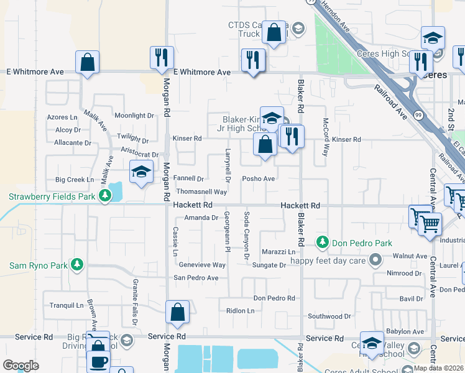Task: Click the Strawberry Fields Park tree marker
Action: click(x=106, y=196)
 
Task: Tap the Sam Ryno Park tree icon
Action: click(x=76, y=265)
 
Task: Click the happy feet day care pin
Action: click(x=375, y=259)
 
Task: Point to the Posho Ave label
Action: click(x=259, y=179)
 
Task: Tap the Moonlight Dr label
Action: click(x=134, y=116)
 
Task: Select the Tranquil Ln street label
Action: click(x=67, y=288)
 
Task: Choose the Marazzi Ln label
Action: click(x=278, y=252)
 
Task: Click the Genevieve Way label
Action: click(x=202, y=264)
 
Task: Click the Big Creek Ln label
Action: click(x=75, y=180)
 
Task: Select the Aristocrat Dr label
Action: click(x=139, y=154)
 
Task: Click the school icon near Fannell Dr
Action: click(x=141, y=172)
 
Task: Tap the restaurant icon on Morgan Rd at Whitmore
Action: click(x=162, y=58)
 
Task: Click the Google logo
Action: click(x=21, y=366)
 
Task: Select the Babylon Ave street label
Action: click(x=405, y=331)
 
